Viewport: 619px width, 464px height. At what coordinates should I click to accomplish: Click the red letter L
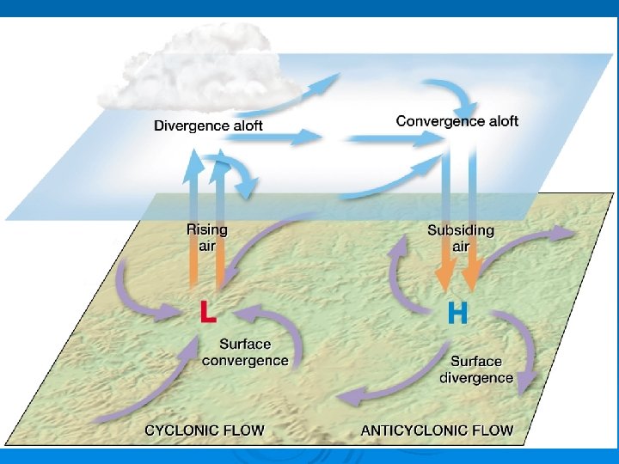coord(207,311)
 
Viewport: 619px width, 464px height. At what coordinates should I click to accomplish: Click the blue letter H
coord(458,313)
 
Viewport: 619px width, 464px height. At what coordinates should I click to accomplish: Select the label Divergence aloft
coord(208,125)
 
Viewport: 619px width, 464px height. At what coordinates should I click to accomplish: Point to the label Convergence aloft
coord(457,121)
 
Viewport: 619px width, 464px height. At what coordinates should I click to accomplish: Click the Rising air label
coord(207,238)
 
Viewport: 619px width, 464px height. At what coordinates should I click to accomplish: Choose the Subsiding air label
coord(461,238)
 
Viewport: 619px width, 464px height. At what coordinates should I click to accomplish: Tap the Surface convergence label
coord(245,351)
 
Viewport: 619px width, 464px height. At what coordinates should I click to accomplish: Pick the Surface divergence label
coord(476,369)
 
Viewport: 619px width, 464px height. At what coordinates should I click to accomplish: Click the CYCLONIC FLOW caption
coord(205,430)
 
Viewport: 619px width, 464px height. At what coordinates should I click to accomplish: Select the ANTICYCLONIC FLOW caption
coord(437,430)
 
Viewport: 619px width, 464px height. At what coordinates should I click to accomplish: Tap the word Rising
coord(207,229)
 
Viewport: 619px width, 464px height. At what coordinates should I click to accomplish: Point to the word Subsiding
coord(461,229)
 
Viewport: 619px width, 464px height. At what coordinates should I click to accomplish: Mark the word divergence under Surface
coord(476,378)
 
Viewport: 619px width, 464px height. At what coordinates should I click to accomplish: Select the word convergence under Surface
coord(245,360)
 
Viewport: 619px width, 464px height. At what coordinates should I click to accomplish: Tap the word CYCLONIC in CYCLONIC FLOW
coord(182,430)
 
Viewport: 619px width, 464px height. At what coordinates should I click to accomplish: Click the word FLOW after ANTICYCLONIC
coord(493,430)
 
